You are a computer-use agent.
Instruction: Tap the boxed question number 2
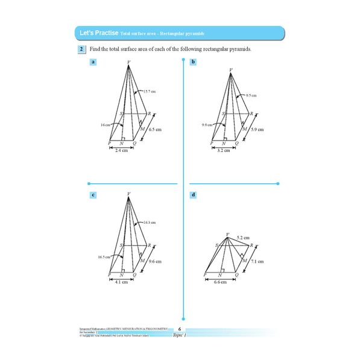pyautogui.click(x=81, y=49)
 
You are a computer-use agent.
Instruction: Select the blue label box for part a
pyautogui.click(x=93, y=62)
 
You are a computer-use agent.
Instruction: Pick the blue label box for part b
pyautogui.click(x=193, y=62)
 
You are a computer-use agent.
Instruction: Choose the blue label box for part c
pyautogui.click(x=93, y=195)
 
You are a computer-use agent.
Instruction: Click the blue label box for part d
pyautogui.click(x=193, y=195)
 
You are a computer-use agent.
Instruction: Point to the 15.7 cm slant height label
pyautogui.click(x=150, y=91)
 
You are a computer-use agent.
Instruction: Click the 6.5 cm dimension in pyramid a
pyautogui.click(x=155, y=130)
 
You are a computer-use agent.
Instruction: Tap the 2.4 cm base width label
pyautogui.click(x=121, y=151)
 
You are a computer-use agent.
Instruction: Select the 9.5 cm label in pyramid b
pyautogui.click(x=251, y=95)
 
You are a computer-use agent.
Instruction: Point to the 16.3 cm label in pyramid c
pyautogui.click(x=150, y=223)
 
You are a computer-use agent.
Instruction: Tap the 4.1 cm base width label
pyautogui.click(x=121, y=283)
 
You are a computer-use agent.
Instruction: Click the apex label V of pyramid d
pyautogui.click(x=227, y=234)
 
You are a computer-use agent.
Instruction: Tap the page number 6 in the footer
pyautogui.click(x=180, y=329)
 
